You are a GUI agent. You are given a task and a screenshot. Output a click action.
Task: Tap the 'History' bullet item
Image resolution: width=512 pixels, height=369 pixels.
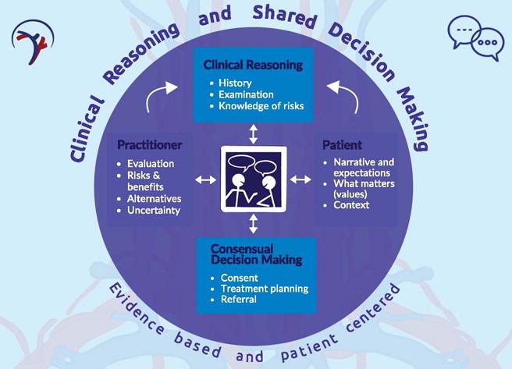[235, 82]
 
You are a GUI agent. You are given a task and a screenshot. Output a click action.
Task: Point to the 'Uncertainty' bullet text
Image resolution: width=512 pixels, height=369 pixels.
[155, 211]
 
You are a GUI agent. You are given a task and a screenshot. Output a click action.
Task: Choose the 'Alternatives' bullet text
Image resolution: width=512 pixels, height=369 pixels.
[156, 199]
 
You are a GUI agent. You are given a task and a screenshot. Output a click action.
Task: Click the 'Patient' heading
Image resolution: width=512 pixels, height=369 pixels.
[340, 145]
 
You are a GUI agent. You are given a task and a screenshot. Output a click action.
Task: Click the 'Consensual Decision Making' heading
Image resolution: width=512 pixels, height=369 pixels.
[254, 254]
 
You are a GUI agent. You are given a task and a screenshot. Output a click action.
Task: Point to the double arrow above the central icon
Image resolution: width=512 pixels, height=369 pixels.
[253, 133]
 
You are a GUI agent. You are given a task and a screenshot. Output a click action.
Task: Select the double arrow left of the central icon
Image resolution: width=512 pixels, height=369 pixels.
[205, 180]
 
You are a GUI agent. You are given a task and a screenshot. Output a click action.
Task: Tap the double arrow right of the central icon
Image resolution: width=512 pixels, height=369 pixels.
[300, 180]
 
